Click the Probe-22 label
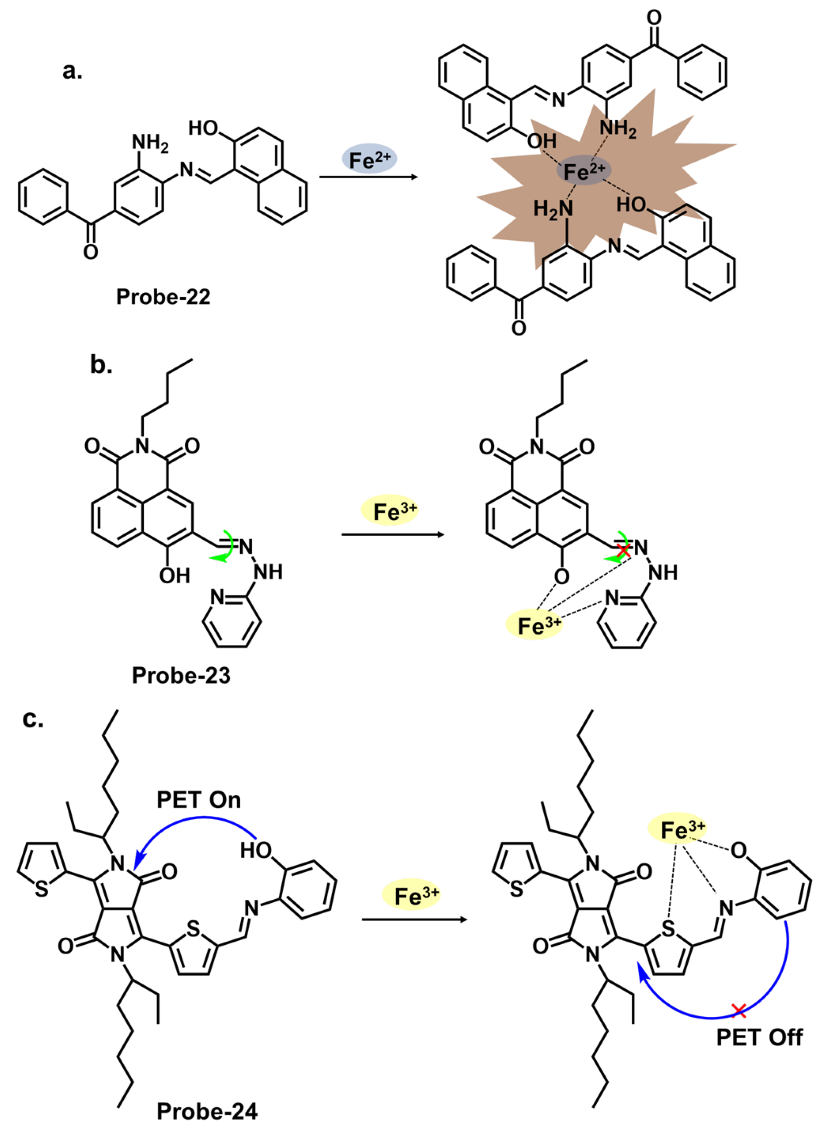coord(163,297)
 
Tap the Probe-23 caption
coord(181,676)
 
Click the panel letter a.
coord(72,71)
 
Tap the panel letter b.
coord(101,365)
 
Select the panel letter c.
coord(33,719)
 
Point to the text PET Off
coord(759,1038)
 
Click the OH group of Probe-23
coord(174,576)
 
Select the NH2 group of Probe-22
coord(149,143)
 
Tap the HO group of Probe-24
coord(256,850)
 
